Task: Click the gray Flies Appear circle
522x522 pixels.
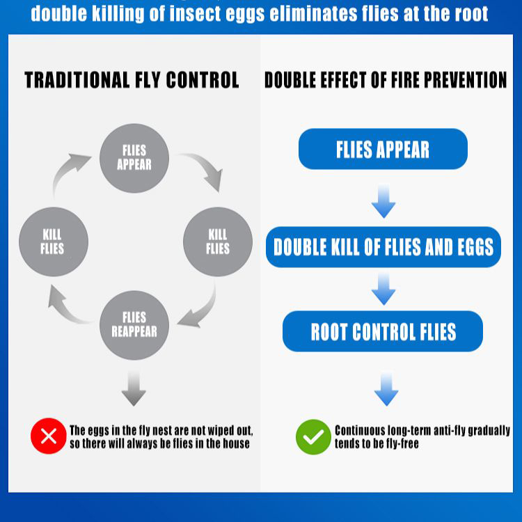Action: (134, 157)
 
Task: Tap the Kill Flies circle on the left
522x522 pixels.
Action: (53, 242)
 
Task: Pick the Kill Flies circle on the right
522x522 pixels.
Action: (217, 242)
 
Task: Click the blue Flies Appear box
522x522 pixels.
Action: (383, 149)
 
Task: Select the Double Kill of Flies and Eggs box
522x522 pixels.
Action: (383, 247)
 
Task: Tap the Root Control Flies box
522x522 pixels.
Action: (383, 331)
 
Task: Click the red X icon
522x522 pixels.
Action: (48, 436)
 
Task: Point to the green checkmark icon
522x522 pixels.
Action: (313, 436)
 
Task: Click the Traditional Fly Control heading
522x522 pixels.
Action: (132, 80)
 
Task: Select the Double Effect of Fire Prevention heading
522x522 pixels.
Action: (386, 80)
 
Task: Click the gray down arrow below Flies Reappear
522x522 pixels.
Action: (134, 388)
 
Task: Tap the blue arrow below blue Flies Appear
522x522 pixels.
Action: (383, 201)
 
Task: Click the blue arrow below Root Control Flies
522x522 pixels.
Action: (386, 389)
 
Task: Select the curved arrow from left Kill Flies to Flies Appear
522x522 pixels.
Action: (70, 174)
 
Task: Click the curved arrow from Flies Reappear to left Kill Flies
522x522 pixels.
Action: (67, 306)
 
